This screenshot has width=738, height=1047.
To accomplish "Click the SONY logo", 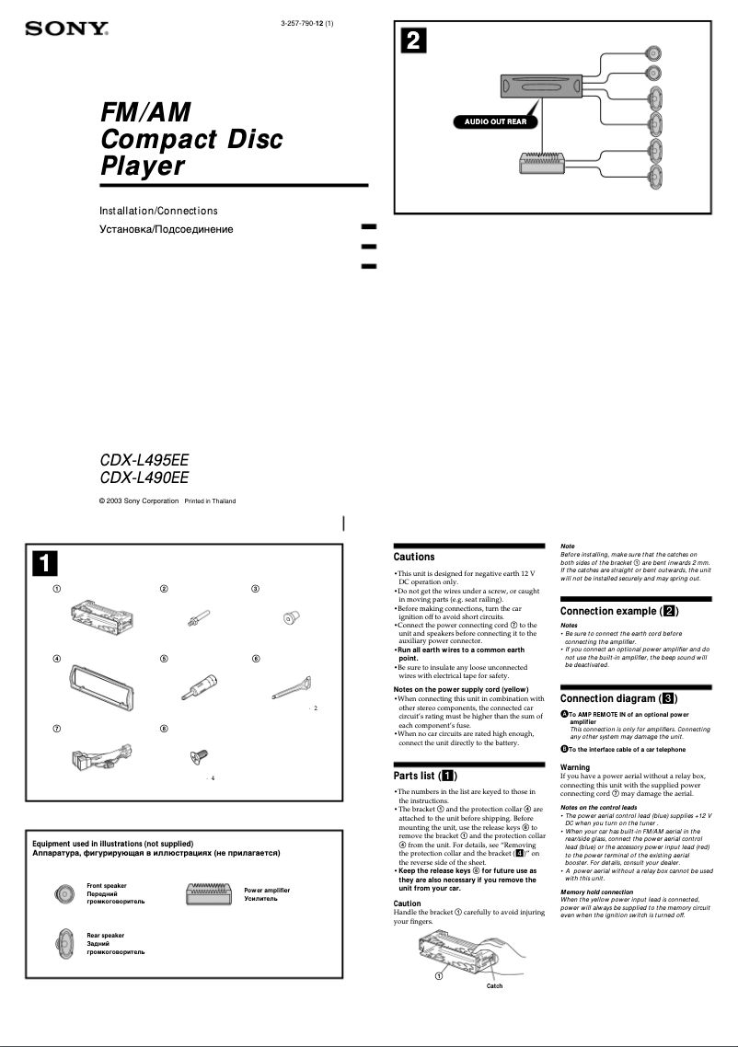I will click(66, 29).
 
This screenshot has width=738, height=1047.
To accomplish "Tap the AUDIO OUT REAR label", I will click(495, 121).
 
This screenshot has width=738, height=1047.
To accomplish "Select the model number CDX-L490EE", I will click(144, 477).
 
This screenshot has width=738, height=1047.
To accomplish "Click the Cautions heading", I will click(414, 557).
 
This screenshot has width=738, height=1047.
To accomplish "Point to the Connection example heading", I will click(619, 611).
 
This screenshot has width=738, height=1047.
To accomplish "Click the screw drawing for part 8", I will click(196, 755).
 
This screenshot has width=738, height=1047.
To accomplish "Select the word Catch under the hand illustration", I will click(494, 985).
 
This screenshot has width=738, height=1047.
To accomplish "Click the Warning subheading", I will click(575, 767).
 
